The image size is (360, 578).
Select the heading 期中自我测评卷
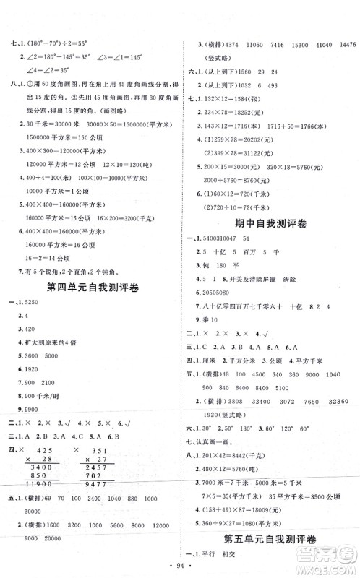coord(270,225)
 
